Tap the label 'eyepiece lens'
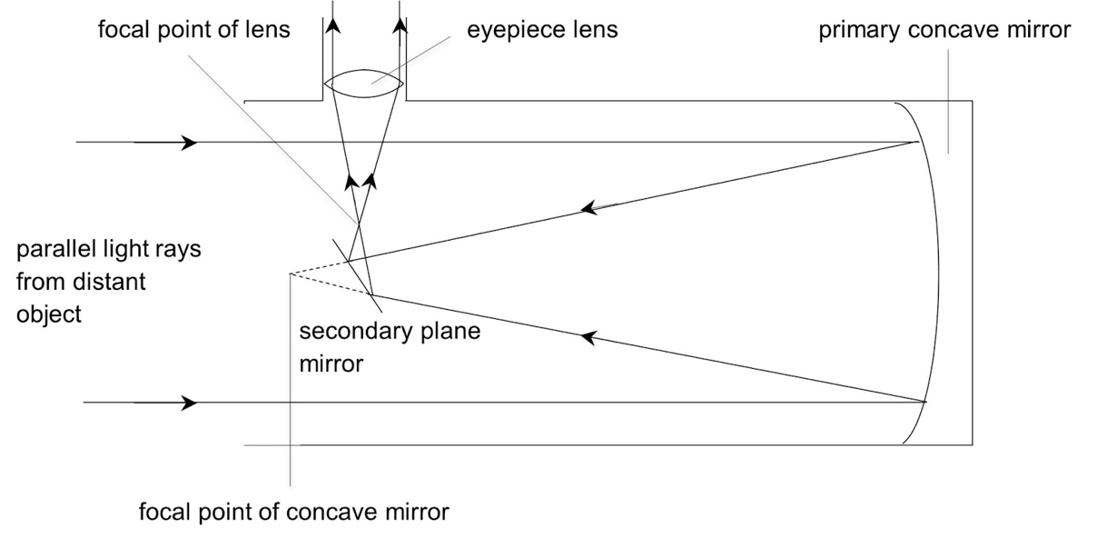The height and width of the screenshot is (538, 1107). pyautogui.click(x=542, y=30)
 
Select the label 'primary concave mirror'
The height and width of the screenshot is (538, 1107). pyautogui.click(x=944, y=30)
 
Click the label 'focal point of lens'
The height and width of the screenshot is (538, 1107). pyautogui.click(x=194, y=30)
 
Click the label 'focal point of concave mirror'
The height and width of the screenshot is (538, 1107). pyautogui.click(x=293, y=512)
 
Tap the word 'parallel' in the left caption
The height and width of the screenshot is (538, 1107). pyautogui.click(x=55, y=249)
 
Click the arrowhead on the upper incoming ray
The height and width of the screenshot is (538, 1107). pyautogui.click(x=189, y=143)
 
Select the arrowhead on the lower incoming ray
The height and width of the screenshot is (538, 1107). pyautogui.click(x=189, y=403)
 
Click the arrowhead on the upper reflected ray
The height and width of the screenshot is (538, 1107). pyautogui.click(x=589, y=208)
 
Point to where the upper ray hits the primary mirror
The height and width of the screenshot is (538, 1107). pyautogui.click(x=916, y=143)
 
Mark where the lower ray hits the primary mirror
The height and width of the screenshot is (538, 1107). pyautogui.click(x=925, y=402)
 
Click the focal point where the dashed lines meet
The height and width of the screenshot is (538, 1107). pyautogui.click(x=290, y=273)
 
